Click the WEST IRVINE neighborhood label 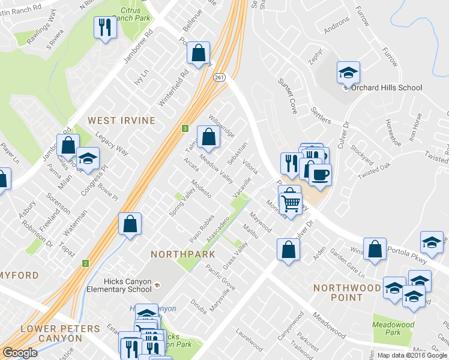pos(121,121)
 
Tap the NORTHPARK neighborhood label pos(183,254)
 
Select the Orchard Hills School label pos(387,88)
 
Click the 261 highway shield pos(219,77)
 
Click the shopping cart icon pos(291,203)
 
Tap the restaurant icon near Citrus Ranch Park pos(104,27)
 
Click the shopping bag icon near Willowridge pos(208,137)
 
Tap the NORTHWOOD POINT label pos(346,293)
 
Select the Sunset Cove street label pos(287,95)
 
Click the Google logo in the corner pos(20,353)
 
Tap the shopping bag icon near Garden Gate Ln pos(375,250)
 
